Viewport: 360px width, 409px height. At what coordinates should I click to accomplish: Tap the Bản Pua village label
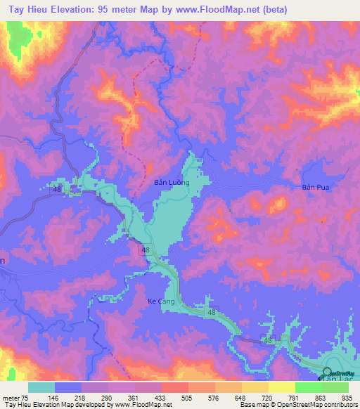point(315,188)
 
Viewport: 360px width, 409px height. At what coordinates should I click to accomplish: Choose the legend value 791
point(283,397)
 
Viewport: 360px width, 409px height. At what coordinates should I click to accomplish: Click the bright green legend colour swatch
point(307,387)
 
